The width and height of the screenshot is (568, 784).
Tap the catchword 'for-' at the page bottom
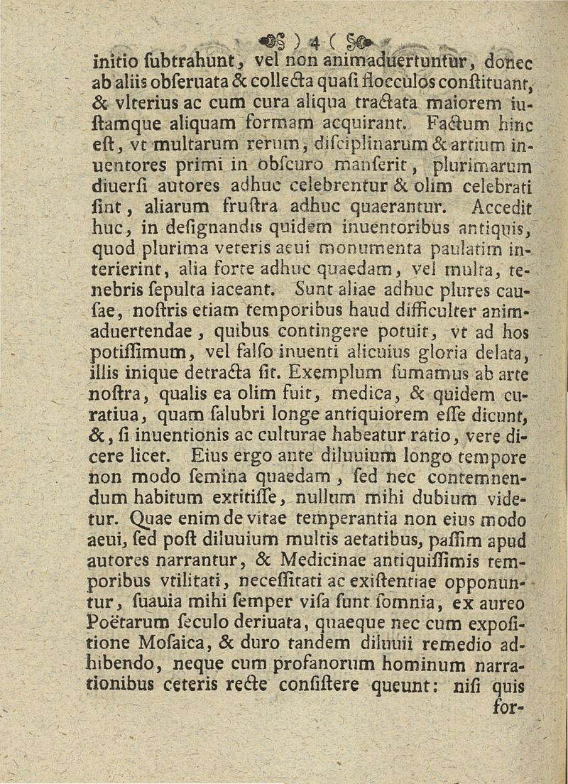[506, 708]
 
